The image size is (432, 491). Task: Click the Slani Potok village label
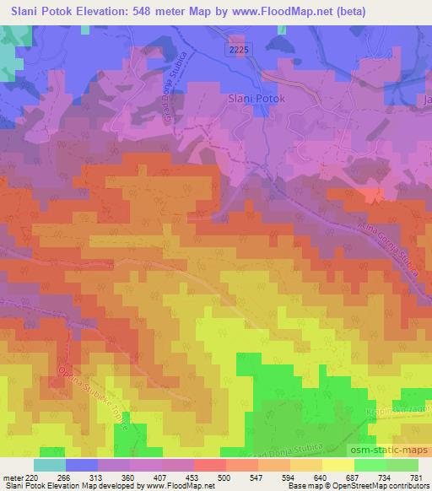click(257, 99)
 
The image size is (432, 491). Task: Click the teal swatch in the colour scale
click(51, 464)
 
